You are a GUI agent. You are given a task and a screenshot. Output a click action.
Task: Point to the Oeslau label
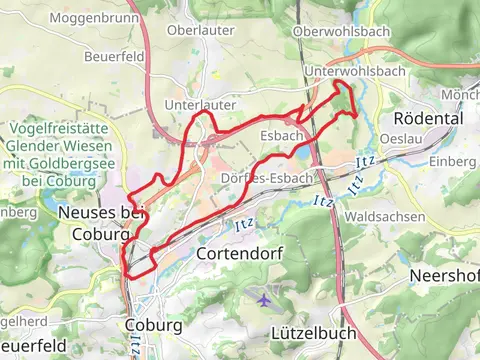(400, 139)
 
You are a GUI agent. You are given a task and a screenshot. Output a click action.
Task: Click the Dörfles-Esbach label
(265, 177)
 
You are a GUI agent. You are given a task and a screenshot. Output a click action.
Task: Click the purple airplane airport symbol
(263, 298)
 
